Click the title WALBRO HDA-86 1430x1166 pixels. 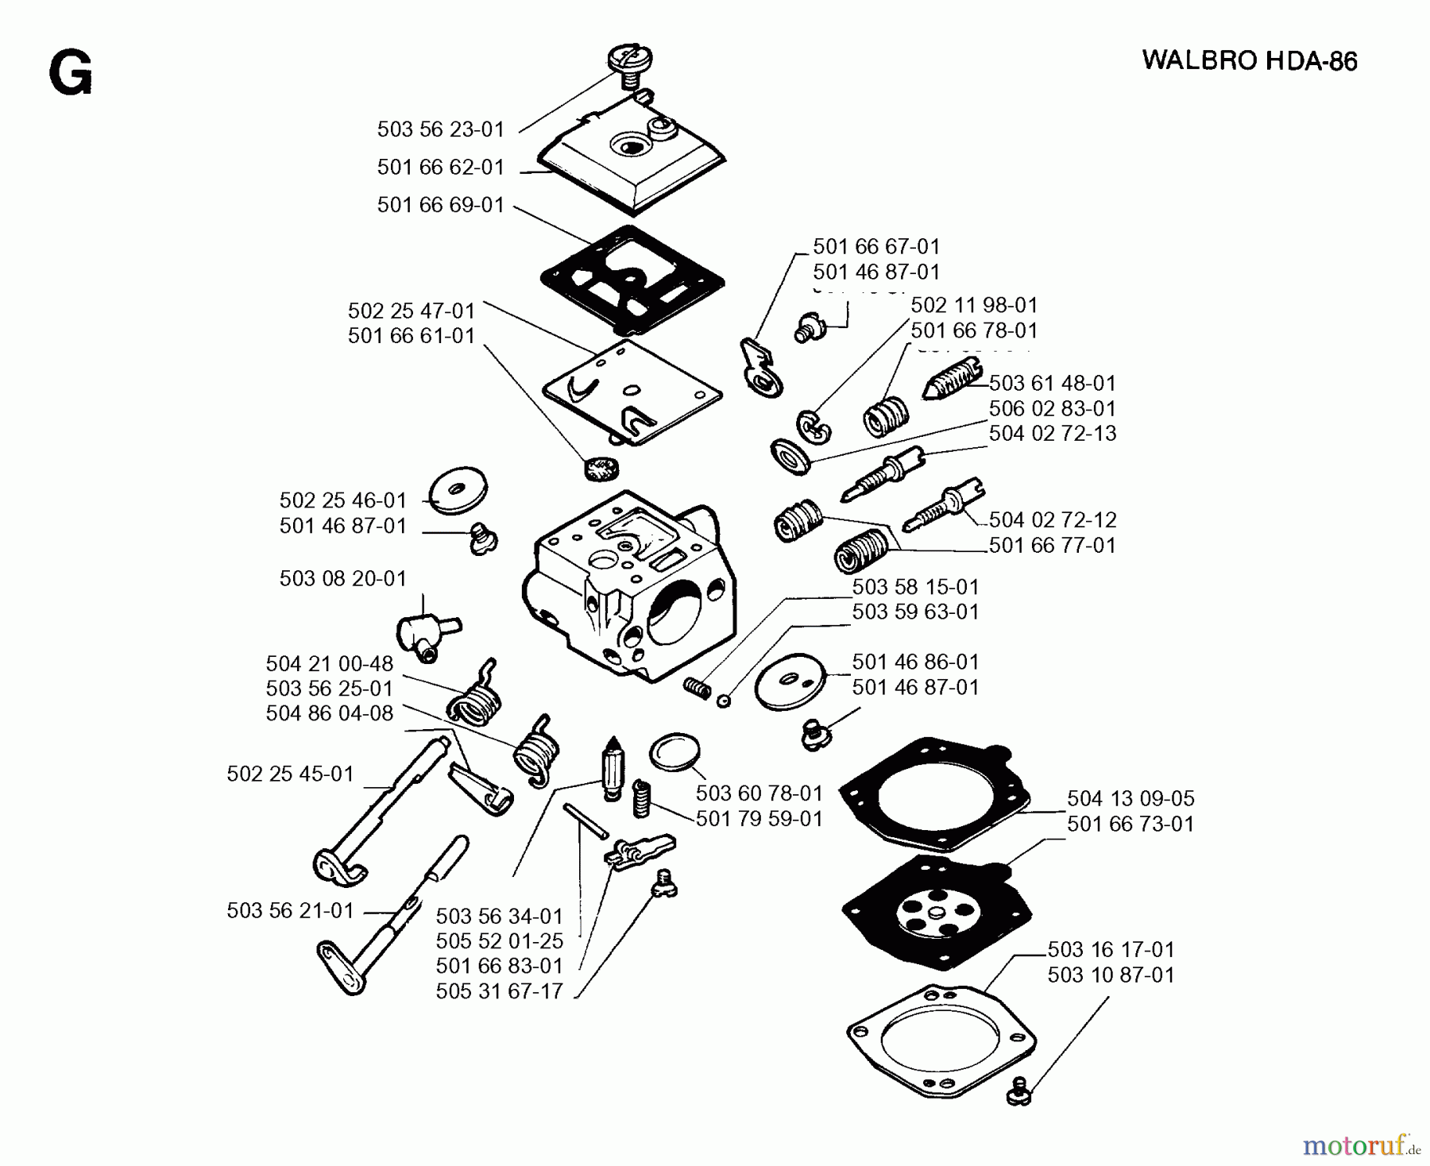click(x=1250, y=61)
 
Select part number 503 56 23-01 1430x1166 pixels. click(x=440, y=129)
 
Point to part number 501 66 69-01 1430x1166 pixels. click(x=440, y=205)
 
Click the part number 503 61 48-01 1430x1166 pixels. click(x=1052, y=383)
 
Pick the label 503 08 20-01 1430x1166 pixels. click(x=342, y=578)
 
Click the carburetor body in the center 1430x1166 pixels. click(x=628, y=588)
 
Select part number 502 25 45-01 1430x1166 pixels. click(x=290, y=774)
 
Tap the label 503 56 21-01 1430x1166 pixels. click(x=290, y=910)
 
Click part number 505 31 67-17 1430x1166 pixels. click(x=499, y=991)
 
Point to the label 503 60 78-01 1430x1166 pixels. click(x=759, y=793)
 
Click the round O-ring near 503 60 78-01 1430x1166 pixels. click(x=675, y=751)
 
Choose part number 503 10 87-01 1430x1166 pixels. click(x=1110, y=975)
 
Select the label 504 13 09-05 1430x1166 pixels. click(x=1130, y=798)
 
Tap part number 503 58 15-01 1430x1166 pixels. click(x=915, y=587)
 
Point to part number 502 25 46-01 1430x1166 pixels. click(x=342, y=500)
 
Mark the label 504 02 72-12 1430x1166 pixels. click(x=1052, y=519)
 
